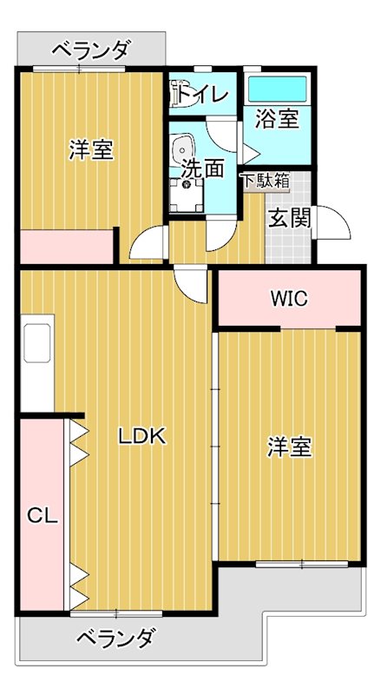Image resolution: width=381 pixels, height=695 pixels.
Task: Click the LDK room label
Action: coord(141,437)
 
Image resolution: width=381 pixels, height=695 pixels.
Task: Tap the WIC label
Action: coord(288,300)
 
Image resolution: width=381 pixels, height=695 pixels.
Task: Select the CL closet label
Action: coord(42,516)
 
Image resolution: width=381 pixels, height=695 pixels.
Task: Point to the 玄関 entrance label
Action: coord(289,218)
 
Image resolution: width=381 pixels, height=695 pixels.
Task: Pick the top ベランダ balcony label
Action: coord(91,50)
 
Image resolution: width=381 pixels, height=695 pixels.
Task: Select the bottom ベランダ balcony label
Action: coord(115,639)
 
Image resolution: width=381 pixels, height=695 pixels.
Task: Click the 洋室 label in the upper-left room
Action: coord(91,149)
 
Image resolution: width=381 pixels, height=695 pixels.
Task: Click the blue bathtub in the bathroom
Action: coord(277,89)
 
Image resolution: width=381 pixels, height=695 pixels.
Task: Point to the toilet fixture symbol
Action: coord(181,89)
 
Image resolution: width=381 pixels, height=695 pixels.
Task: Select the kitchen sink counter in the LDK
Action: coord(37,342)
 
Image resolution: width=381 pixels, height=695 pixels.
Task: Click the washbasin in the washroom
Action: coord(183,150)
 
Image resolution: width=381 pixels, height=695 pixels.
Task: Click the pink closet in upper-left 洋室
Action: coord(68,246)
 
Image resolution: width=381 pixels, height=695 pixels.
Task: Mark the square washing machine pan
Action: coord(185,195)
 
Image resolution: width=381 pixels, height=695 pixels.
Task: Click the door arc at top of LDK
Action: coord(191,283)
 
